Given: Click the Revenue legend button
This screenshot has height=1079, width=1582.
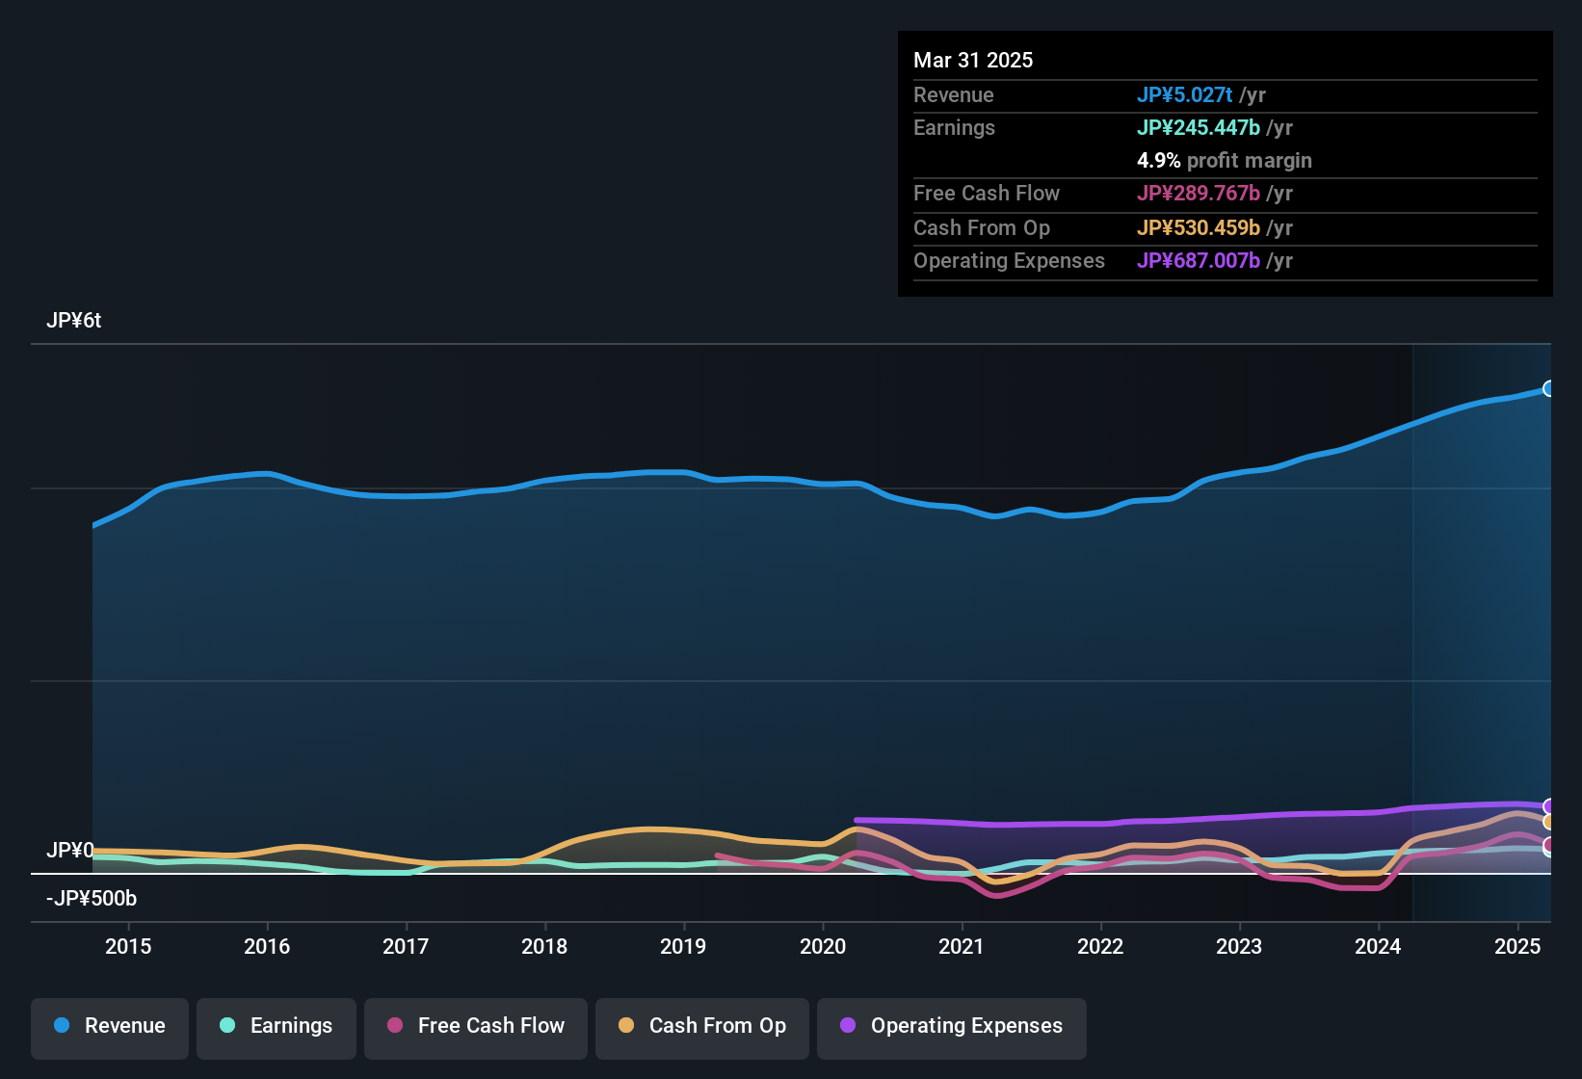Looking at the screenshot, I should [110, 1026].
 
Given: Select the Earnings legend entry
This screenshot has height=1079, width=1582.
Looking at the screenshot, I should [277, 1026].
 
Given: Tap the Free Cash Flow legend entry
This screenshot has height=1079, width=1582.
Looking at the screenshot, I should [476, 1026].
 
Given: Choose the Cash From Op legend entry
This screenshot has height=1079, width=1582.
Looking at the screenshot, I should [702, 1026].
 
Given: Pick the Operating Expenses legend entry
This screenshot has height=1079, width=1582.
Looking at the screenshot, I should [952, 1026].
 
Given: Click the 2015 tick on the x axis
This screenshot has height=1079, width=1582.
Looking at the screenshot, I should [128, 946].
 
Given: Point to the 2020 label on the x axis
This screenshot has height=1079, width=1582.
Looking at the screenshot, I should [823, 946].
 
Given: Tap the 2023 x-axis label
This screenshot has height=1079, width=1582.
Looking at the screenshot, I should [1239, 946].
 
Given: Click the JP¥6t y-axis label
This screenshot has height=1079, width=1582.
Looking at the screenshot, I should [73, 321].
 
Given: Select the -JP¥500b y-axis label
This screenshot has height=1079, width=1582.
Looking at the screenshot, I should [92, 899].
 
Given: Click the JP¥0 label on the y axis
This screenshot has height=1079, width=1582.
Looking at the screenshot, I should [69, 850].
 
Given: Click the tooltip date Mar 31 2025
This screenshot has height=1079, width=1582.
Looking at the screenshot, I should [973, 61].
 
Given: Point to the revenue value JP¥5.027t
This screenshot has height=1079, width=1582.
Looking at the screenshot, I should [1184, 95].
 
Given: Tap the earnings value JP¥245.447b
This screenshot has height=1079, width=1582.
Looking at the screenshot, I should [1198, 128].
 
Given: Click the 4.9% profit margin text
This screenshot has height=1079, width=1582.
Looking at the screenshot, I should [1224, 161].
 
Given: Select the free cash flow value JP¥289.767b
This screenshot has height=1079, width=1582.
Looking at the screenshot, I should [1198, 194].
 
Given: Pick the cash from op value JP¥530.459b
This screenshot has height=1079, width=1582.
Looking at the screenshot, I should [1198, 228].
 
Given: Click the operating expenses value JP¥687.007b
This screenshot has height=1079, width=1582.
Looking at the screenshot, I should [1198, 261].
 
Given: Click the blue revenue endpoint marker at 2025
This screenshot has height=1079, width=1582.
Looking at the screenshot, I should [1548, 389].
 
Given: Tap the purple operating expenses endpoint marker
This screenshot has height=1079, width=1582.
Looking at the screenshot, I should [1548, 806].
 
